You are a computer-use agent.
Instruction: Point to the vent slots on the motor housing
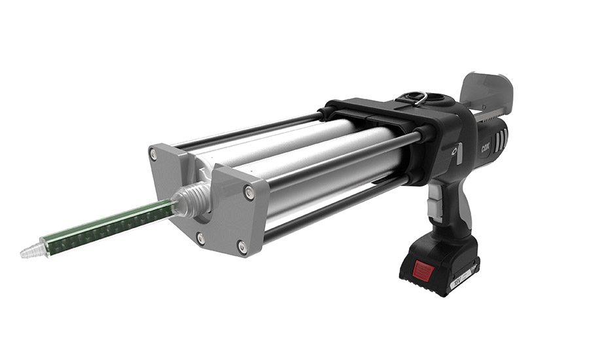coord(501,138)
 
